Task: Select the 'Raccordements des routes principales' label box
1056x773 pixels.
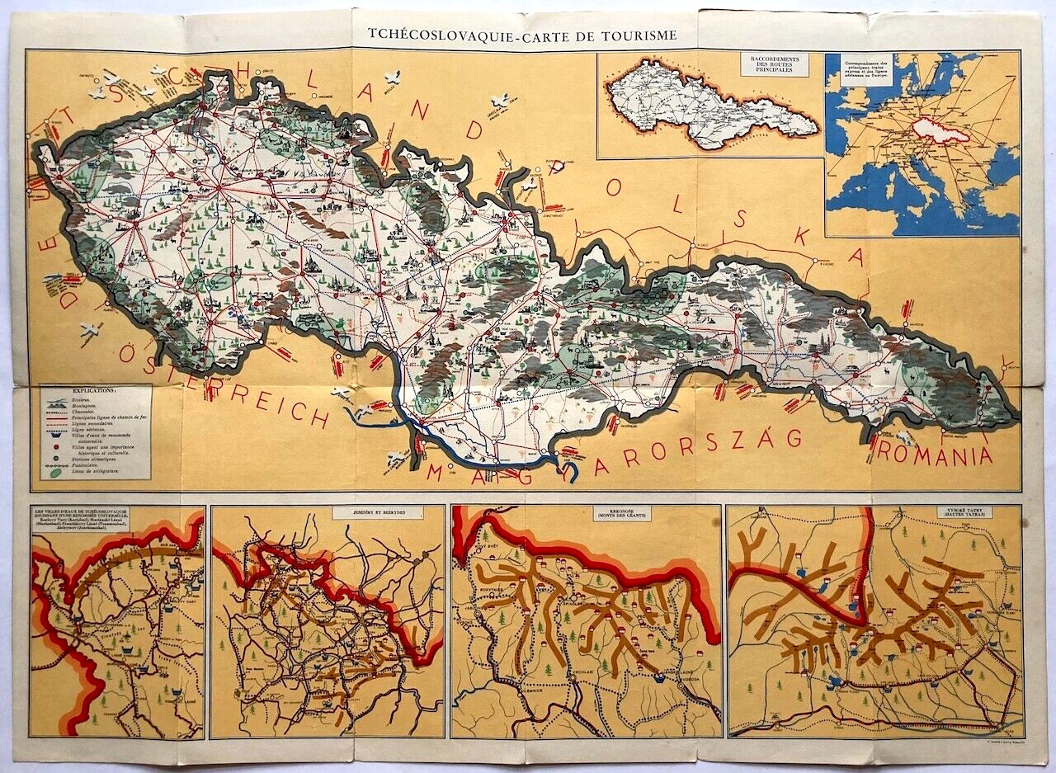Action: [774, 64]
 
